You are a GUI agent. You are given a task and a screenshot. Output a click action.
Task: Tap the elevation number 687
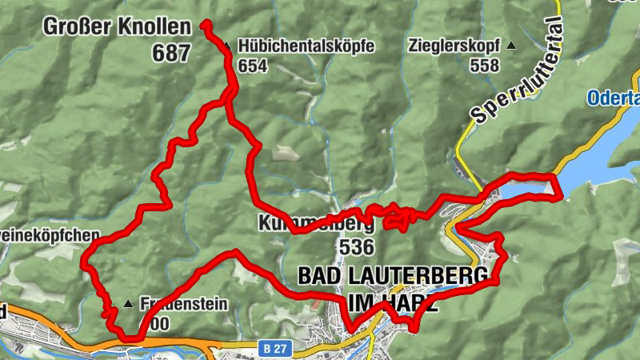[x=171, y=54]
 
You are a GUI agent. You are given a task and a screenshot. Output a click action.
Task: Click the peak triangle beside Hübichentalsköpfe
[x=227, y=46]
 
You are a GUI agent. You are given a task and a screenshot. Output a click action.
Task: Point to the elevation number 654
[x=252, y=66]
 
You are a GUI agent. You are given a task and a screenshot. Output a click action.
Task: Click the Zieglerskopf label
[x=454, y=46]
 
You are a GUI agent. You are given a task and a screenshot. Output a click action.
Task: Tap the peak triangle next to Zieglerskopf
[x=512, y=46]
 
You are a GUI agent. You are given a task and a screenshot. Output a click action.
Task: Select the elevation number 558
[x=485, y=66]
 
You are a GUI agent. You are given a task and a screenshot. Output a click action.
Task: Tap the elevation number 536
[x=357, y=246]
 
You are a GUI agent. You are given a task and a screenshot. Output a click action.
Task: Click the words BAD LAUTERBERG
[x=392, y=276]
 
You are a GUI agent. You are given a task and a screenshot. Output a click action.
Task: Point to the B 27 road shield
[x=274, y=348]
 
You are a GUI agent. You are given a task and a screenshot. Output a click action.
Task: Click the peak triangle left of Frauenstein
[x=128, y=304]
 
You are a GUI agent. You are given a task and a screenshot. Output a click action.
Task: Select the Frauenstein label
[x=184, y=304]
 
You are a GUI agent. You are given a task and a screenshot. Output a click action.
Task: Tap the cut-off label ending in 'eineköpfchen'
[x=50, y=236]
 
